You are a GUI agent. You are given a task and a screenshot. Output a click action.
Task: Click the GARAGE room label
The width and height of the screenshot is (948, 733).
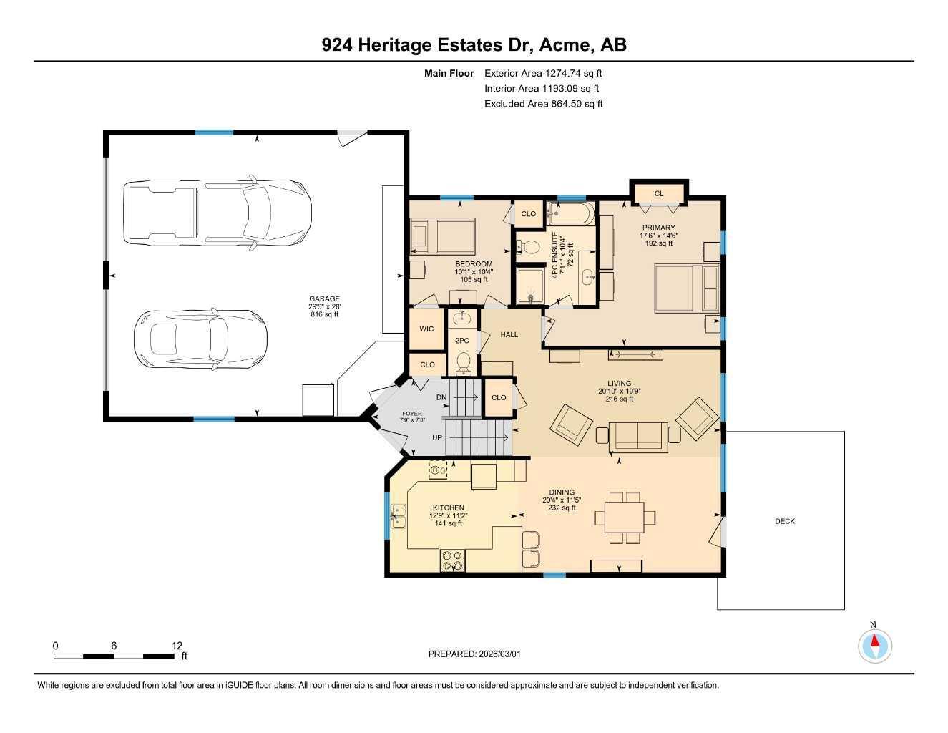(x=324, y=299)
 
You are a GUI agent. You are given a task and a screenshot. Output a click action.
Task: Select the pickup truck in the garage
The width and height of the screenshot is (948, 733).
(x=218, y=211)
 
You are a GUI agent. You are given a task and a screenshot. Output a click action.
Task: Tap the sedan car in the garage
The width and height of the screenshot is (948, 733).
(x=201, y=336)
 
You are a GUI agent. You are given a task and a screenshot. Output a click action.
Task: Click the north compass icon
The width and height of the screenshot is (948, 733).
(x=874, y=646)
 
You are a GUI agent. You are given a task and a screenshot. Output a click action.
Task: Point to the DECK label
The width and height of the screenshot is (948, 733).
(x=785, y=521)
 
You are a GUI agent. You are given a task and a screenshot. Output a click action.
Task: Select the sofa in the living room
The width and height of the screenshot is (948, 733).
(x=638, y=436)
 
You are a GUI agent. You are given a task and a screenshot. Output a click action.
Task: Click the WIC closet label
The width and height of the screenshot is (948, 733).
(x=426, y=329)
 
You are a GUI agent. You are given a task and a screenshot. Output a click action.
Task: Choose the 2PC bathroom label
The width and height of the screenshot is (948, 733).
(x=462, y=341)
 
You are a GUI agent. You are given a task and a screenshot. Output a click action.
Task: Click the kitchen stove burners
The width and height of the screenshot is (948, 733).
(x=451, y=560)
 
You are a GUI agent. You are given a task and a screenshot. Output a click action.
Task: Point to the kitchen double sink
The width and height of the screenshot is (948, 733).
(x=398, y=515)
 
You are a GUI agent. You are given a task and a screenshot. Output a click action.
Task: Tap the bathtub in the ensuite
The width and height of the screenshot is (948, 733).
(x=570, y=213)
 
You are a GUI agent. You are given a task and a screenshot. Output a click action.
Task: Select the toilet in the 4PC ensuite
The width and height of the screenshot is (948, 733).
(x=529, y=247)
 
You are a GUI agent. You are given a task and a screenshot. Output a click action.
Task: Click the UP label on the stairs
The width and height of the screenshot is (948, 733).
(x=437, y=437)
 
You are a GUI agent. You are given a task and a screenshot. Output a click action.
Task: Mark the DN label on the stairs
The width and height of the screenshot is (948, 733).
(x=441, y=397)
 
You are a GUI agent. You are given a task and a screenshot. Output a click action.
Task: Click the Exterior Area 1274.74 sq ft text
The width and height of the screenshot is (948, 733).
(x=544, y=73)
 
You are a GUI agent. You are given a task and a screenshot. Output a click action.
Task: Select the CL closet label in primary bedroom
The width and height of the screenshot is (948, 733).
(x=659, y=193)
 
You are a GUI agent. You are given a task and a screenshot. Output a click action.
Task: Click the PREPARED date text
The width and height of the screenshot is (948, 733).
(x=474, y=654)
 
